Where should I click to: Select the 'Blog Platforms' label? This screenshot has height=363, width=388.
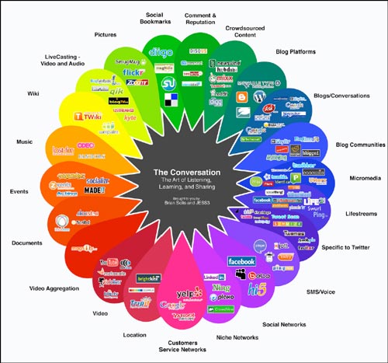[x=311, y=52]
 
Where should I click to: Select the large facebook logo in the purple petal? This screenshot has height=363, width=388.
[x=241, y=260]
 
